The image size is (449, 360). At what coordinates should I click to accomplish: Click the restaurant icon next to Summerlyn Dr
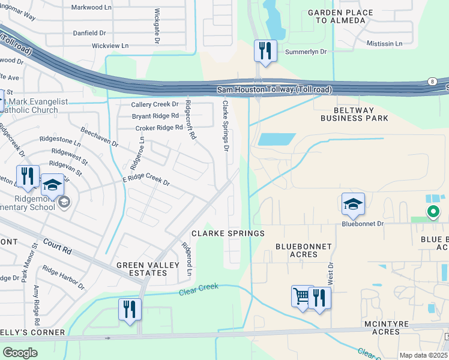pos(265,50)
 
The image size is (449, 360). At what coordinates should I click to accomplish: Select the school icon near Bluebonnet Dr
pos(353,205)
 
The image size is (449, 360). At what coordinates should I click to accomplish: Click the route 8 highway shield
pos(432,81)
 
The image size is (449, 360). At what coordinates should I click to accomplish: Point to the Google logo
pos(20,353)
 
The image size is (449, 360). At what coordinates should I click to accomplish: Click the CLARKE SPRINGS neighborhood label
pos(228,233)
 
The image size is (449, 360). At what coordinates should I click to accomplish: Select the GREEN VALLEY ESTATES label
pos(142,268)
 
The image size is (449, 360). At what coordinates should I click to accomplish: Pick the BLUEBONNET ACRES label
pos(296,250)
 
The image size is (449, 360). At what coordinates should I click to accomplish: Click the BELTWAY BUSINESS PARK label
pos(354,114)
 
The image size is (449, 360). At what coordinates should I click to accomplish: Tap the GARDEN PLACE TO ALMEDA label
pos(337,16)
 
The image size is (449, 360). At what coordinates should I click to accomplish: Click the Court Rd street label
pos(56,247)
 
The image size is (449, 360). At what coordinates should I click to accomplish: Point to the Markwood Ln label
pos(92,7)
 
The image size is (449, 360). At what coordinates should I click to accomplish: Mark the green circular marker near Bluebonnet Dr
pos(432,211)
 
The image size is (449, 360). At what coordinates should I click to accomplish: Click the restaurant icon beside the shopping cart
pos(319,298)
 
